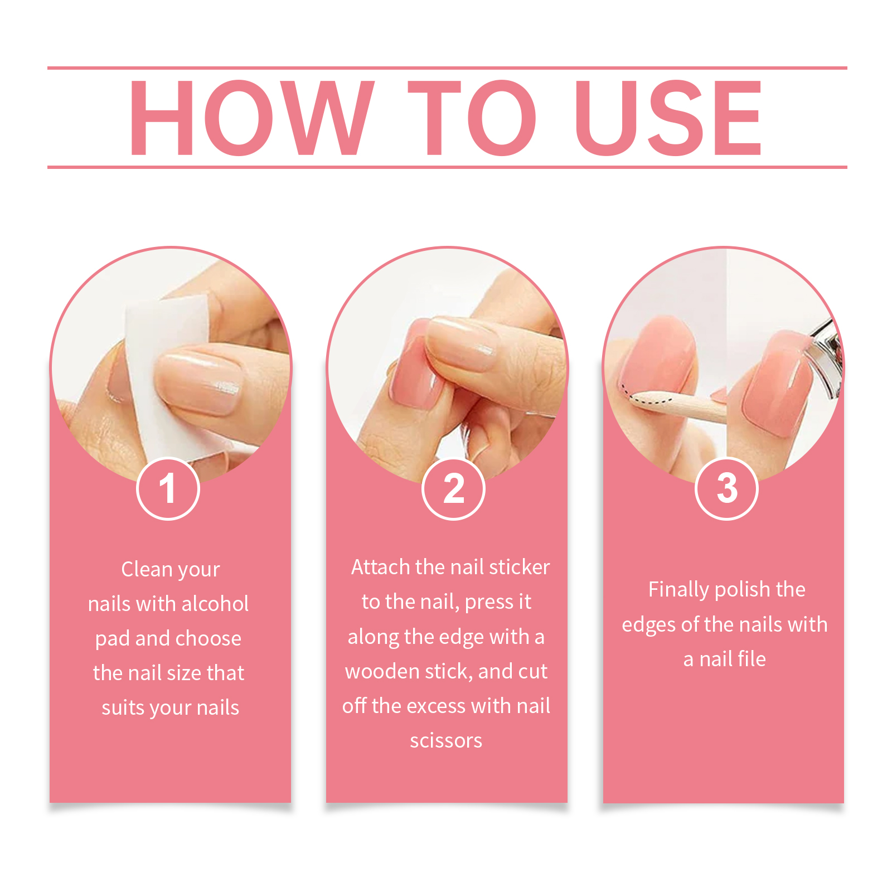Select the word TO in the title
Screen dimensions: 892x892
(472, 118)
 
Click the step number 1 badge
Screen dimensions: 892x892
(168, 489)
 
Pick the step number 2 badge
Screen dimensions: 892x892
(454, 489)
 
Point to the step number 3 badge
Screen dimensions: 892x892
(727, 489)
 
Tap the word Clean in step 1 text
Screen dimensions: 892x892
(147, 569)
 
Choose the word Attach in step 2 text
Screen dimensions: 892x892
(381, 567)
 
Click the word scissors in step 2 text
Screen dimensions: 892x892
(446, 740)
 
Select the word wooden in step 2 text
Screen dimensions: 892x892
(382, 671)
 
